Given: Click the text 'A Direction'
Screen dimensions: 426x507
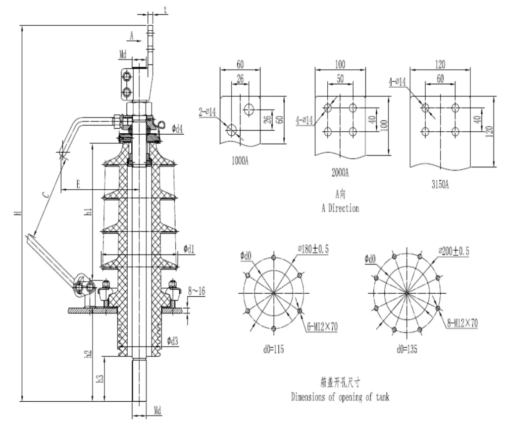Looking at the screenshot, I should [x=340, y=209].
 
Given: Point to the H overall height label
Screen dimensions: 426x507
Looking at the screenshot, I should [x=17, y=213].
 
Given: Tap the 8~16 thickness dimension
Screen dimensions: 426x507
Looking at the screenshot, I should [x=197, y=292].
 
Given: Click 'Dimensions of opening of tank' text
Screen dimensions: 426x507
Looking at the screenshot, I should [x=340, y=397].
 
